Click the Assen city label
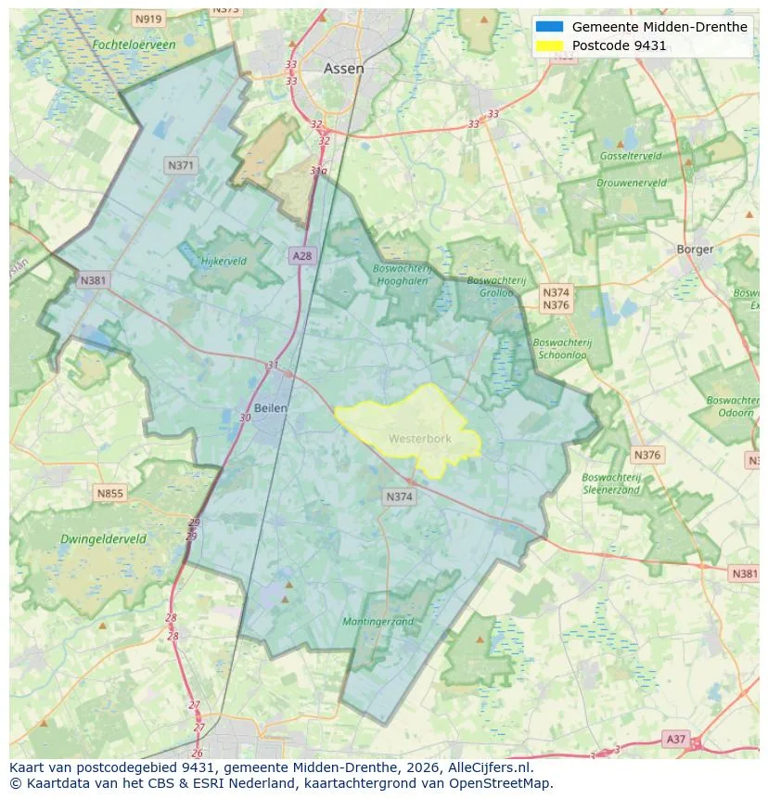pyautogui.click(x=343, y=69)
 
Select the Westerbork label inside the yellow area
pyautogui.click(x=419, y=438)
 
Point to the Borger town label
pyautogui.click(x=695, y=249)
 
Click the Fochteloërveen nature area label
pyautogui.click(x=134, y=44)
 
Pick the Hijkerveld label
pyautogui.click(x=224, y=261)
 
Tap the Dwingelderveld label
pyautogui.click(x=103, y=538)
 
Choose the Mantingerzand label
pyautogui.click(x=378, y=621)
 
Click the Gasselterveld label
pyautogui.click(x=630, y=156)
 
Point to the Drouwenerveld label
pyautogui.click(x=631, y=183)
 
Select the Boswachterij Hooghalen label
pyautogui.click(x=402, y=275)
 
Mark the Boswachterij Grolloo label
pyautogui.click(x=496, y=286)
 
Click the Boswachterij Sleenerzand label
pyautogui.click(x=611, y=483)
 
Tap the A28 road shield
pyautogui.click(x=301, y=255)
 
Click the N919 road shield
pyautogui.click(x=147, y=19)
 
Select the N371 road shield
pyautogui.click(x=180, y=165)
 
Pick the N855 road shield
pyautogui.click(x=109, y=494)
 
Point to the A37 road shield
pyautogui.click(x=676, y=739)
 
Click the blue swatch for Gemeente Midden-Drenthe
pyautogui.click(x=549, y=27)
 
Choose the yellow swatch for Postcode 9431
pyautogui.click(x=549, y=45)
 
